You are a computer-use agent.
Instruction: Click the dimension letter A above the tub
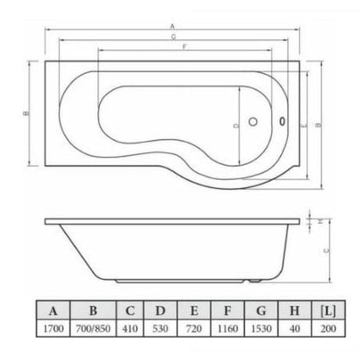pos(171,26)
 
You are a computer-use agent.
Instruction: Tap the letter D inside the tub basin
pos(236,124)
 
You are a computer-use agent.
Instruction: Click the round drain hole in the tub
pos(252,121)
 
